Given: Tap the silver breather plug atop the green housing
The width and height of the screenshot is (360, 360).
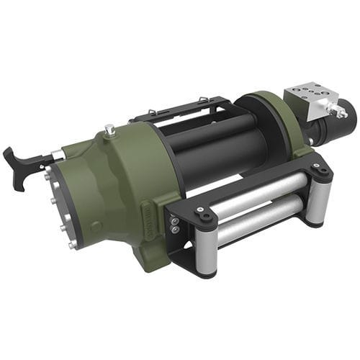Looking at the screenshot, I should tap(109, 130).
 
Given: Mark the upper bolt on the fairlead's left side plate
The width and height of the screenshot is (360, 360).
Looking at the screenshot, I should tap(174, 222).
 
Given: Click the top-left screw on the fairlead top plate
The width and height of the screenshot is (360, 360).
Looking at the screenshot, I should tap(204, 214).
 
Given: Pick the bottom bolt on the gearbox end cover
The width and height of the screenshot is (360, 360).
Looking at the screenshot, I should tap(73, 246).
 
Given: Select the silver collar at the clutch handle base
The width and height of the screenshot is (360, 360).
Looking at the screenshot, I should tap(56, 154).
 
